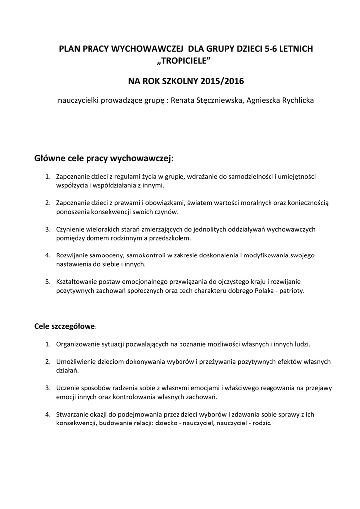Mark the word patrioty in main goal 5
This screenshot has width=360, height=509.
(292, 291)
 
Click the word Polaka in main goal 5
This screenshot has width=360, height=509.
(262, 291)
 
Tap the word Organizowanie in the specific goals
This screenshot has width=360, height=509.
(79, 344)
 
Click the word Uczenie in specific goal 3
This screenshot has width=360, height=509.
(68, 388)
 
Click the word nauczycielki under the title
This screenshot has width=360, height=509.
(80, 100)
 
